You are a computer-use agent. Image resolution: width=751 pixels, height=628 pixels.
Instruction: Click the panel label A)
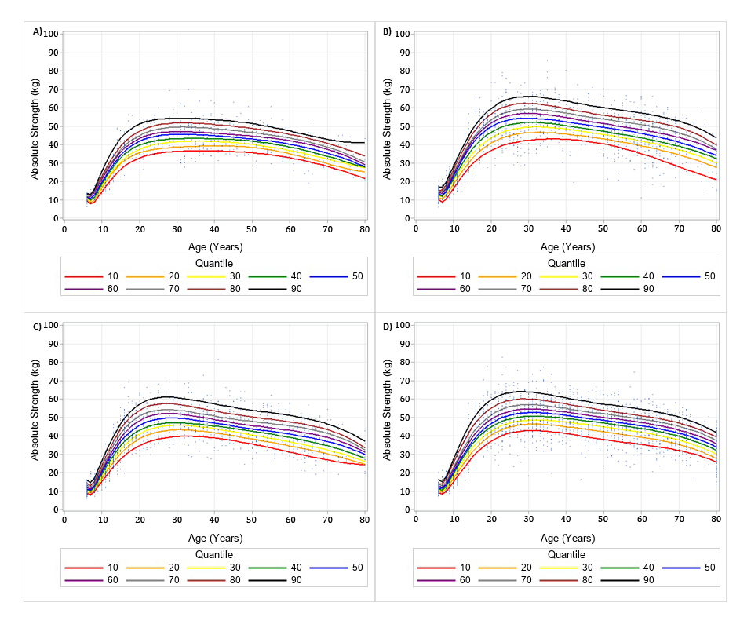pos(37,31)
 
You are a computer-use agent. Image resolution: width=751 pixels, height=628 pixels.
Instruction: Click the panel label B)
pos(387,31)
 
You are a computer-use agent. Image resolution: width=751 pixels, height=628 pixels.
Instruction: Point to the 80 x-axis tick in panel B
pos(716,231)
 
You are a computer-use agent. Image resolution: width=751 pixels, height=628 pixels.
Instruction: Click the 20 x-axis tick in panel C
pos(139,522)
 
